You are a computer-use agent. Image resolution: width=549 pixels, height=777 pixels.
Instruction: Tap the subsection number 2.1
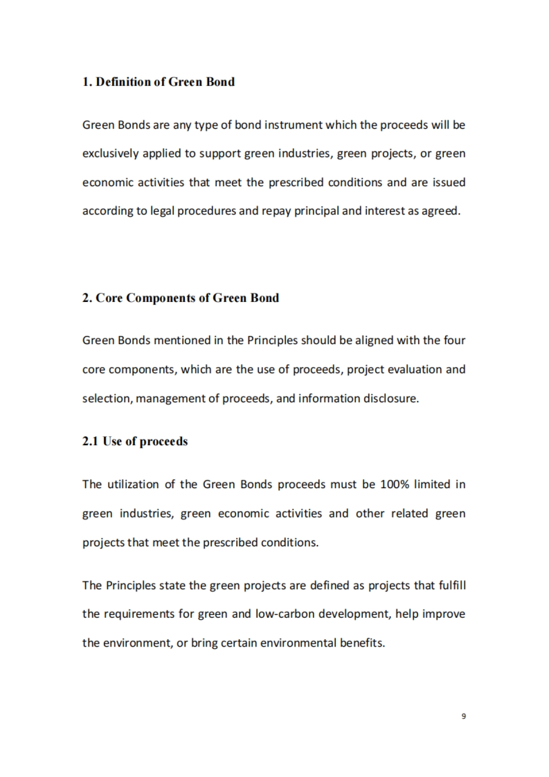pyautogui.click(x=90, y=441)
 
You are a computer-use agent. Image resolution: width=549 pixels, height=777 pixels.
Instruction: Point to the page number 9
pyautogui.click(x=463, y=716)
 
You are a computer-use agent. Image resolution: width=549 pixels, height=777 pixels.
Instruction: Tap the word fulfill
pyautogui.click(x=452, y=585)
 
